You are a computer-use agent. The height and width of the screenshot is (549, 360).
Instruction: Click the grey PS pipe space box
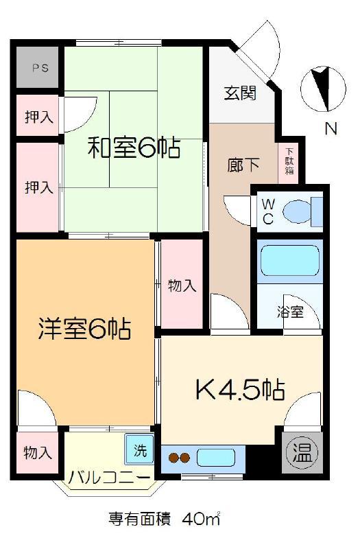(38, 67)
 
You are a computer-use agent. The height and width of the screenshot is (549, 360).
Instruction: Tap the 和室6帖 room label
(134, 148)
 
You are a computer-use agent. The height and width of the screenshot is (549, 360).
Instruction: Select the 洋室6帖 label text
(84, 329)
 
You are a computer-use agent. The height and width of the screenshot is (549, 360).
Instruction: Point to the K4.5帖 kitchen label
(240, 389)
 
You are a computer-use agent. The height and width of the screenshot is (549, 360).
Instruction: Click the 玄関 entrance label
(241, 93)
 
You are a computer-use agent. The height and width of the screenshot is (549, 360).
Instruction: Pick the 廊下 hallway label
(243, 165)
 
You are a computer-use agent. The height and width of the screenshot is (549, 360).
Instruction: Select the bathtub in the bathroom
(290, 261)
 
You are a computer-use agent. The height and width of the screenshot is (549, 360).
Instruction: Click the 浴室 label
(290, 312)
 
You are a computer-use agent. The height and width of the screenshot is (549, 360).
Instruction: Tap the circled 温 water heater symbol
(302, 454)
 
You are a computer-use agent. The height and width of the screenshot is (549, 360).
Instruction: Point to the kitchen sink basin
(216, 458)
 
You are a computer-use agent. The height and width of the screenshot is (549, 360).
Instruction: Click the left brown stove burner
(173, 458)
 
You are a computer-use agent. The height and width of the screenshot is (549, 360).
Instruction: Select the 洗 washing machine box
(139, 450)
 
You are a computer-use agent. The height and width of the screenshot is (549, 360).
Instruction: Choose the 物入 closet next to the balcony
(38, 453)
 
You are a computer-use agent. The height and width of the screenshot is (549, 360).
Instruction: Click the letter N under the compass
(331, 128)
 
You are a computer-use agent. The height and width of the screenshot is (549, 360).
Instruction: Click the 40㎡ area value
(200, 519)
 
